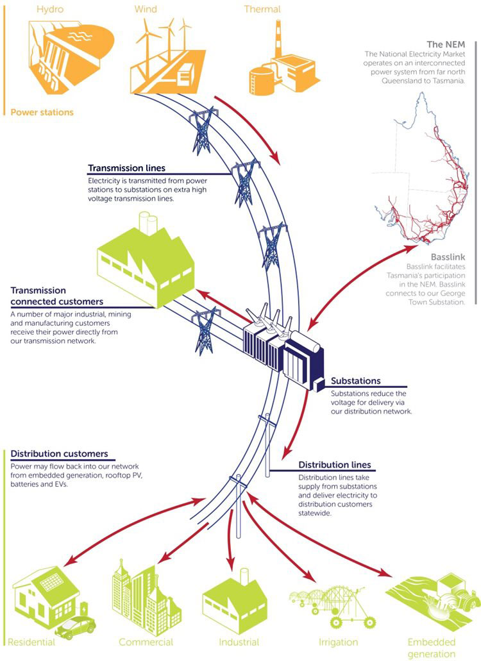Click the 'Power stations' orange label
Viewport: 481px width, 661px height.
[x=42, y=112]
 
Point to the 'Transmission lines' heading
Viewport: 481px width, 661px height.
[x=126, y=169]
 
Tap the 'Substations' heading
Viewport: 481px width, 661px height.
[x=355, y=381]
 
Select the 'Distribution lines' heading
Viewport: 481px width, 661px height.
[x=335, y=465]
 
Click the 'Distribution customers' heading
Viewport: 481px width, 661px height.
[x=59, y=454]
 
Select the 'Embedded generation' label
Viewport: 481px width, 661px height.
[x=431, y=648]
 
